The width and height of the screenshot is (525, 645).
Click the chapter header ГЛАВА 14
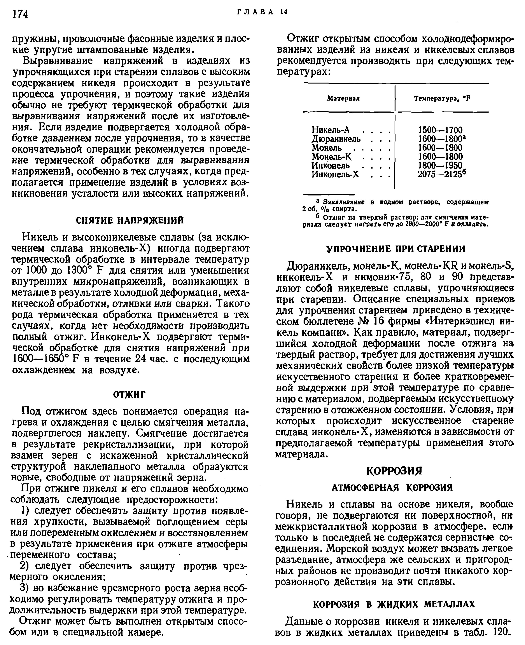click(262, 12)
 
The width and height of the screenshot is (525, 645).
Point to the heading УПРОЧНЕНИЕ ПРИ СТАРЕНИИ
click(396, 249)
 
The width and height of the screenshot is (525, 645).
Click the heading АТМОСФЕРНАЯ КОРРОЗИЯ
click(392, 488)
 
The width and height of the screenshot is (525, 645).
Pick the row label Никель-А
click(331, 130)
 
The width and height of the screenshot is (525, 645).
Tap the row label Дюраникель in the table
click(336, 139)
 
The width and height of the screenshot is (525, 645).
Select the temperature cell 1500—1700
click(440, 130)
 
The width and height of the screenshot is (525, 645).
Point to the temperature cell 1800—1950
click(440, 165)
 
